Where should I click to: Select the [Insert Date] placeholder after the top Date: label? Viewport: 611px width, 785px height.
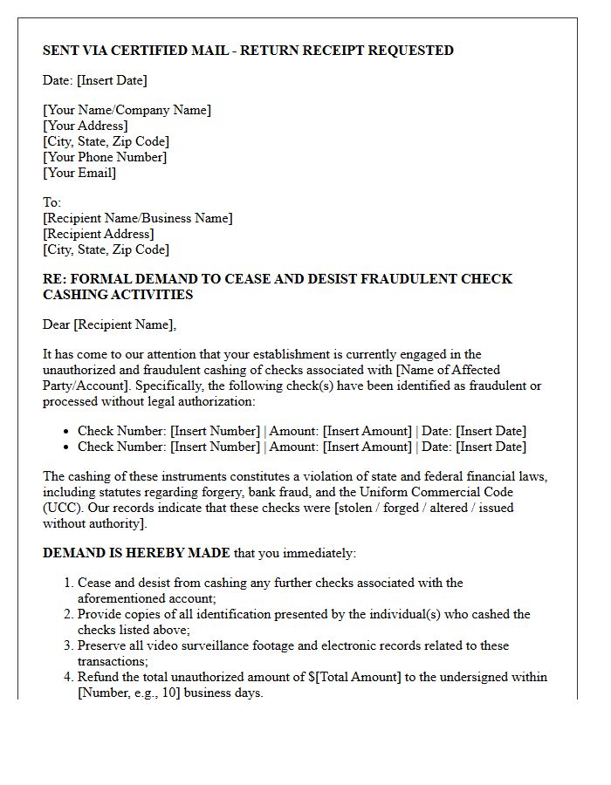point(112,80)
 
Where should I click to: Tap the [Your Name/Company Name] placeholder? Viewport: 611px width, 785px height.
point(127,110)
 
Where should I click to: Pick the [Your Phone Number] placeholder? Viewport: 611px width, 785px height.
point(105,157)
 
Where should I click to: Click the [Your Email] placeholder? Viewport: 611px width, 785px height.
point(79,173)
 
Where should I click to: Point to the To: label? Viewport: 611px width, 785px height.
point(52,202)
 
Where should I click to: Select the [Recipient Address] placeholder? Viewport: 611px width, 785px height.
point(98,234)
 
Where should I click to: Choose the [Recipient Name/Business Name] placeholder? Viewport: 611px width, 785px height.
point(138,218)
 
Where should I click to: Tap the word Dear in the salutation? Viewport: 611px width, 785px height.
point(57,325)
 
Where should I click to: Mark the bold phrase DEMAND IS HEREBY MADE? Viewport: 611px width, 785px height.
point(136,553)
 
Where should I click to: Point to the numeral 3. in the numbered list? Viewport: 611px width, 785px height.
point(68,645)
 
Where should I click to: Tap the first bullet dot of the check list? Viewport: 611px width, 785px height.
point(66,432)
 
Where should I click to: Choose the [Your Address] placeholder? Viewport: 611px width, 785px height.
point(85,126)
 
